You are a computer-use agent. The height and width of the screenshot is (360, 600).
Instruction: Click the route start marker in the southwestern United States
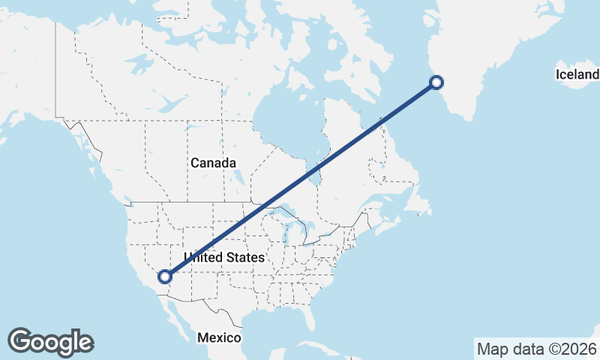165,277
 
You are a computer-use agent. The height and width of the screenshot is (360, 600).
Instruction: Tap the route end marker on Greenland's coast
436,82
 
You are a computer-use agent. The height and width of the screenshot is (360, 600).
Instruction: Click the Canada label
213,163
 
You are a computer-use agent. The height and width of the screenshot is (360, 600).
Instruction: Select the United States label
224,257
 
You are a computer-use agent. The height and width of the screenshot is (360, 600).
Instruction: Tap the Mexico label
219,337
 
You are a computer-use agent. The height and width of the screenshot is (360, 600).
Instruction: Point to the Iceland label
577,74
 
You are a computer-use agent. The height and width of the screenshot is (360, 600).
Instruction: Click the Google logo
50,342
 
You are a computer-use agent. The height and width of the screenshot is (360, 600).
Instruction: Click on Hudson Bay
289,120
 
